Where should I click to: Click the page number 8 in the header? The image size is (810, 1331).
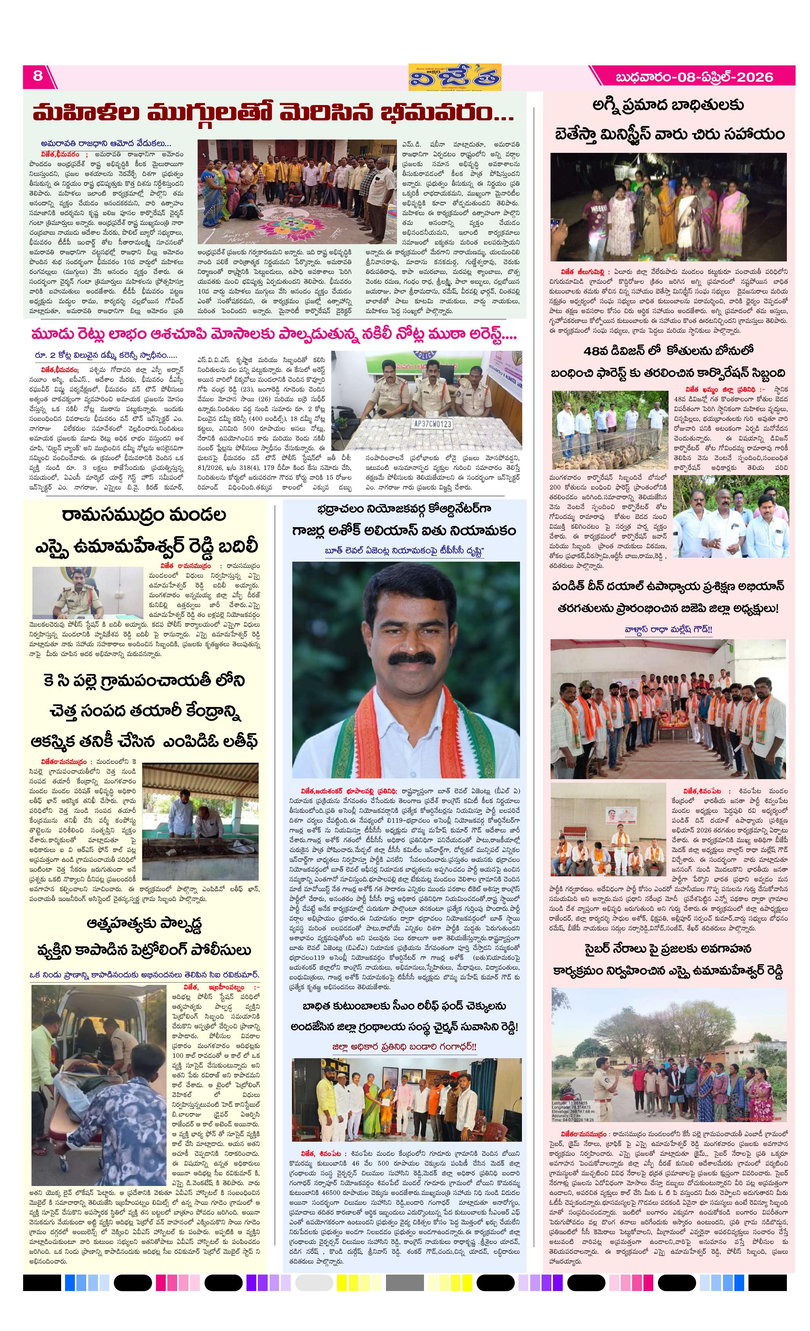click(x=37, y=76)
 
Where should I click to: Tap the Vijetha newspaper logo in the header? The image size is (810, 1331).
click(x=454, y=77)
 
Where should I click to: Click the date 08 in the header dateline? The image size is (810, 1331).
click(x=685, y=77)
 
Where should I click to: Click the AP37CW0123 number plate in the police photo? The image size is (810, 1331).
click(x=431, y=424)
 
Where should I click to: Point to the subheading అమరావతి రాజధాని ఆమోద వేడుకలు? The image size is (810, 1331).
click(x=105, y=144)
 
